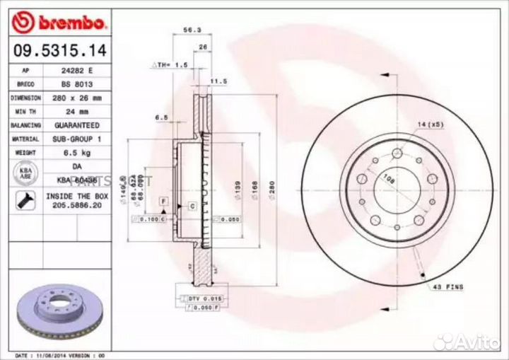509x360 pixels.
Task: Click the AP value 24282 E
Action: (x=78, y=71)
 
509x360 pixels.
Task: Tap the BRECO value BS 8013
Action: (x=78, y=85)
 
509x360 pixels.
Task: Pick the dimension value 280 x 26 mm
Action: (x=78, y=98)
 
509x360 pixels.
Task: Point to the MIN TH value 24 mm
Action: (x=78, y=111)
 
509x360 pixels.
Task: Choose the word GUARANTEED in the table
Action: (x=78, y=124)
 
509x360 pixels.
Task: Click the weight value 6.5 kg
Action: (x=78, y=151)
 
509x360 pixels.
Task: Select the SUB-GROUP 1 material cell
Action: (x=78, y=139)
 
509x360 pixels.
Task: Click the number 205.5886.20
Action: (x=77, y=205)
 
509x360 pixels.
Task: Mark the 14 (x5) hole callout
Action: (x=430, y=124)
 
